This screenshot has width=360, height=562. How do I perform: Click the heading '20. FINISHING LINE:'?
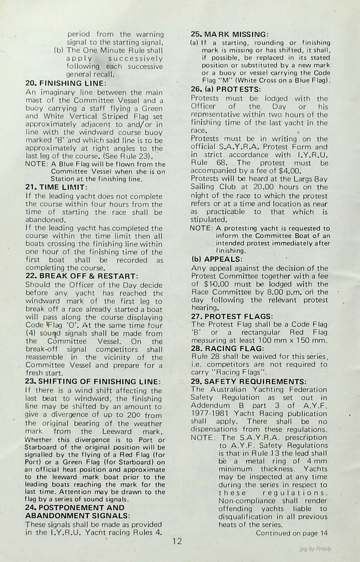[66, 84]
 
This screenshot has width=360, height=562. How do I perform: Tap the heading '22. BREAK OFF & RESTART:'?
[82, 276]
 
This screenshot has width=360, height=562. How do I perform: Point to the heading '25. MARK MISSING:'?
[230, 34]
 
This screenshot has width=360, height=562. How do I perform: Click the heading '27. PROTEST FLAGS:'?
[232, 316]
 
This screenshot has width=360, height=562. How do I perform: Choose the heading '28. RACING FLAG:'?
[227, 348]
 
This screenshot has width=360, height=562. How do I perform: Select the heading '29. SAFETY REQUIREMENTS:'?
[249, 381]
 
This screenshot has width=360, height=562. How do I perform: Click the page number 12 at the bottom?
[178, 541]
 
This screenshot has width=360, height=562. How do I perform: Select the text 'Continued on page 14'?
[291, 533]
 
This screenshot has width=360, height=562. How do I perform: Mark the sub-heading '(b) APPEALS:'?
[217, 260]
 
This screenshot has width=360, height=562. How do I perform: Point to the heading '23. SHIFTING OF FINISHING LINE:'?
[93, 382]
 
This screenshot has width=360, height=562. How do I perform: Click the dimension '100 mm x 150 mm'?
[293, 340]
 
